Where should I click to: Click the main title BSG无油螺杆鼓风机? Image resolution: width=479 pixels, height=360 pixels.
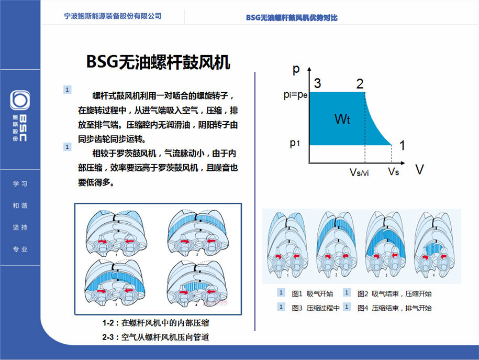pos(158,62)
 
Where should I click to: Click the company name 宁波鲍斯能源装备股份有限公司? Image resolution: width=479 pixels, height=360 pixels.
pos(113,16)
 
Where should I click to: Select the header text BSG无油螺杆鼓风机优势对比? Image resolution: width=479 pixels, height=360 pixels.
pos(292,18)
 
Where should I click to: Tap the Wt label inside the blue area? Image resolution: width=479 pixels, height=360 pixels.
pos(342,119)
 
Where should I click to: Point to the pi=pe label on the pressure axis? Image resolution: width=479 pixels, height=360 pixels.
pos(295,95)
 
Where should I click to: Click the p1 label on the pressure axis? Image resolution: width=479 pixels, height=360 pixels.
pos(295,143)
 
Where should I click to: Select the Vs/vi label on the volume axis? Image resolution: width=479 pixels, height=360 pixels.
pos(359,172)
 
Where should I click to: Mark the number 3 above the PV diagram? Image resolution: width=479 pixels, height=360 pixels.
pos(317,83)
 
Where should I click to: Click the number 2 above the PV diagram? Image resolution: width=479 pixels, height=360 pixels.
pos(360,84)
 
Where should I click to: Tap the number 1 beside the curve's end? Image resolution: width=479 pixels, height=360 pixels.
pos(403,146)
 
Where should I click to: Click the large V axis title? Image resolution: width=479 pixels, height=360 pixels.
pos(420,169)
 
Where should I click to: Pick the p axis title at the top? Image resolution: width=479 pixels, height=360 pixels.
pos(296,69)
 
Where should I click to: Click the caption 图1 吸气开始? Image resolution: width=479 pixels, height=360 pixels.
pos(312,294)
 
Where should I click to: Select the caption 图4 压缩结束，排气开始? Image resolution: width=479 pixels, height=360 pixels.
pos(394,308)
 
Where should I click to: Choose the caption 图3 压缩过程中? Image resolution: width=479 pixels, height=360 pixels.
pos(315,308)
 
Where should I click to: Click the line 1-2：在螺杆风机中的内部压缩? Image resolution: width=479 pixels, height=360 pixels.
pos(156,323)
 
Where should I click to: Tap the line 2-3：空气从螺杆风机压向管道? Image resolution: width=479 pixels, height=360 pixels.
pos(156,337)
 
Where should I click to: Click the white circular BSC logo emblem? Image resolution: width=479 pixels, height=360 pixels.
pos(20,100)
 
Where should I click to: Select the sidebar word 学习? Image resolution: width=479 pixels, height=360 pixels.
pos(20,183)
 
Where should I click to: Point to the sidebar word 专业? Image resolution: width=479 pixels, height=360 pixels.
pos(20,249)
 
